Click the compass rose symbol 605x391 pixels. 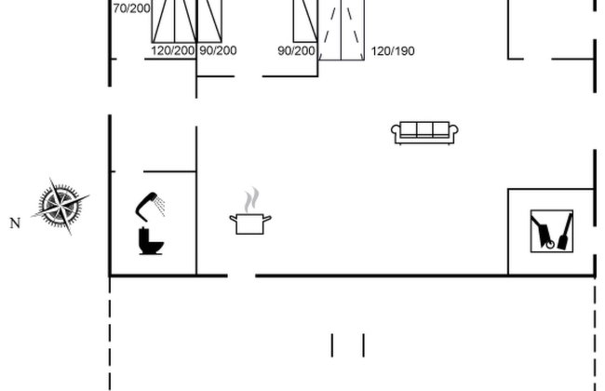click(60, 206)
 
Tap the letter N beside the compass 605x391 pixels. click(15, 223)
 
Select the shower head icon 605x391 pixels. click(150, 206)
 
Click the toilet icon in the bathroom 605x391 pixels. click(151, 241)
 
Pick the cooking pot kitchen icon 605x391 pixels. click(250, 223)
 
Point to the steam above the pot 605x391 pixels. click(251, 199)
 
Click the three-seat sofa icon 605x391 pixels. click(424, 133)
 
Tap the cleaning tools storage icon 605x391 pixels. click(552, 231)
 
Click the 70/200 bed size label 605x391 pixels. click(131, 8)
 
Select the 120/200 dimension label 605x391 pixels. click(173, 50)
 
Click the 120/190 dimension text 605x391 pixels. click(393, 51)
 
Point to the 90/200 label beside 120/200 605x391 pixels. click(218, 50)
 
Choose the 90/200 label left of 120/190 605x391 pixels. click(296, 51)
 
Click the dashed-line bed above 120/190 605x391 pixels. click(342, 30)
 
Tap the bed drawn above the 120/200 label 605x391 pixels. click(174, 21)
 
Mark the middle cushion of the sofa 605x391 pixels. click(424, 129)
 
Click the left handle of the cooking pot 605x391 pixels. click(233, 219)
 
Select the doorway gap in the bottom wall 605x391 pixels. click(242, 276)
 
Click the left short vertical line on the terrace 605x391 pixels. click(332, 345)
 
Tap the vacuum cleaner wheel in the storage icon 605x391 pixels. click(550, 244)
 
